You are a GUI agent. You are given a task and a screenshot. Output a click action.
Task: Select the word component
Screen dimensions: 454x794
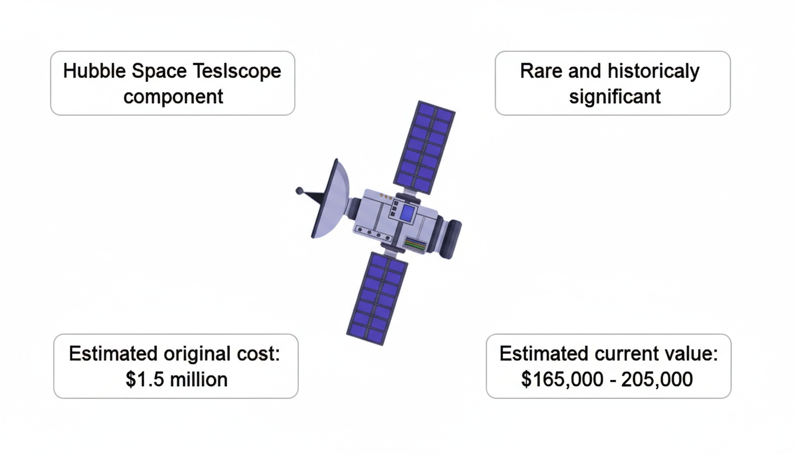(173, 96)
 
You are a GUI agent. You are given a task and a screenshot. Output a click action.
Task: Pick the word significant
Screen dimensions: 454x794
(614, 96)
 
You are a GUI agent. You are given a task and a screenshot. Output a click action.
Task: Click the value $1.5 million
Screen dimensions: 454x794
(176, 379)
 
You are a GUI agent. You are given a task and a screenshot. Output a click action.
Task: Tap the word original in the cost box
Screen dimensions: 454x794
(197, 354)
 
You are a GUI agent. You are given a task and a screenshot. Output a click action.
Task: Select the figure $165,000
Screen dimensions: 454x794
(561, 379)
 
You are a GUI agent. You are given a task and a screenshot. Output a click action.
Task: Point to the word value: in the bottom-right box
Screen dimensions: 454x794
(688, 354)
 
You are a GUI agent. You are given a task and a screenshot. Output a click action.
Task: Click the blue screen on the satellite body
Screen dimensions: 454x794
(407, 213)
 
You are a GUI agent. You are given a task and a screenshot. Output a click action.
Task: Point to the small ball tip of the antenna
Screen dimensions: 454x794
(300, 191)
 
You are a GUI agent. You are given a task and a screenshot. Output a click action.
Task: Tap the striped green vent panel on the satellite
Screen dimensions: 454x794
(415, 244)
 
